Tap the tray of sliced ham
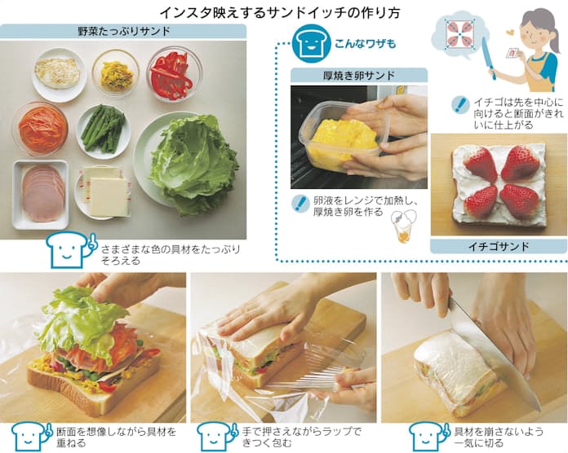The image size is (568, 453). [x=41, y=194]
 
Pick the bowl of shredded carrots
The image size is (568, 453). [x=40, y=128]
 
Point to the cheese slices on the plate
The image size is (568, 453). [x=106, y=191]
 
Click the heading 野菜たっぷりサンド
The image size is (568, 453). [x=124, y=32]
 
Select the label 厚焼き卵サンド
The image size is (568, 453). [x=358, y=76]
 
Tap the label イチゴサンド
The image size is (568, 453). [x=499, y=247]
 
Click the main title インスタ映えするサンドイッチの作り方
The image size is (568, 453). [x=280, y=13]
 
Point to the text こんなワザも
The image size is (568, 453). [x=365, y=44]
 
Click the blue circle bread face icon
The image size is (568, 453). [x=312, y=43]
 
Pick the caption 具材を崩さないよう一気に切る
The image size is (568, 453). [x=499, y=437]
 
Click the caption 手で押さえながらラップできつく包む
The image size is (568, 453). [x=301, y=437]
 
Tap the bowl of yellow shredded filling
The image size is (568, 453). [x=116, y=74]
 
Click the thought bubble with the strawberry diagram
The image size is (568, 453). [x=458, y=34]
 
